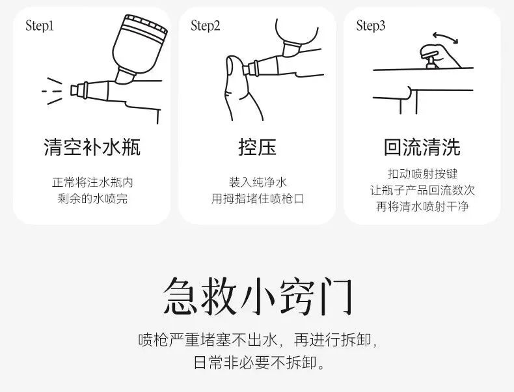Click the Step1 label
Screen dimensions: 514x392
tap(39, 26)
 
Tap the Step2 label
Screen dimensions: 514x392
tap(205, 26)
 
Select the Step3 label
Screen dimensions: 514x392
tap(371, 26)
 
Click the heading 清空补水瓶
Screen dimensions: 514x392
tap(92, 147)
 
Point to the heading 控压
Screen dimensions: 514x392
tap(258, 147)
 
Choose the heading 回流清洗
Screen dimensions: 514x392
tap(422, 147)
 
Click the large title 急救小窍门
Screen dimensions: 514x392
tap(258, 296)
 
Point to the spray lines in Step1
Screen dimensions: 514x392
tap(52, 91)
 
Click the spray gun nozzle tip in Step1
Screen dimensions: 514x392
tap(75, 91)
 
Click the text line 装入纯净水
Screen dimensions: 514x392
tap(258, 182)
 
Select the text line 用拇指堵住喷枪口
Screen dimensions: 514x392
tap(258, 199)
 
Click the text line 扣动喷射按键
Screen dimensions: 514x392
tap(422, 174)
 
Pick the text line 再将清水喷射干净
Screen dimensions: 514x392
tap(422, 206)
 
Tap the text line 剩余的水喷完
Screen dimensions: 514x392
tap(92, 199)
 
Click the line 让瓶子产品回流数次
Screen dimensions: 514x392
tap(422, 190)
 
